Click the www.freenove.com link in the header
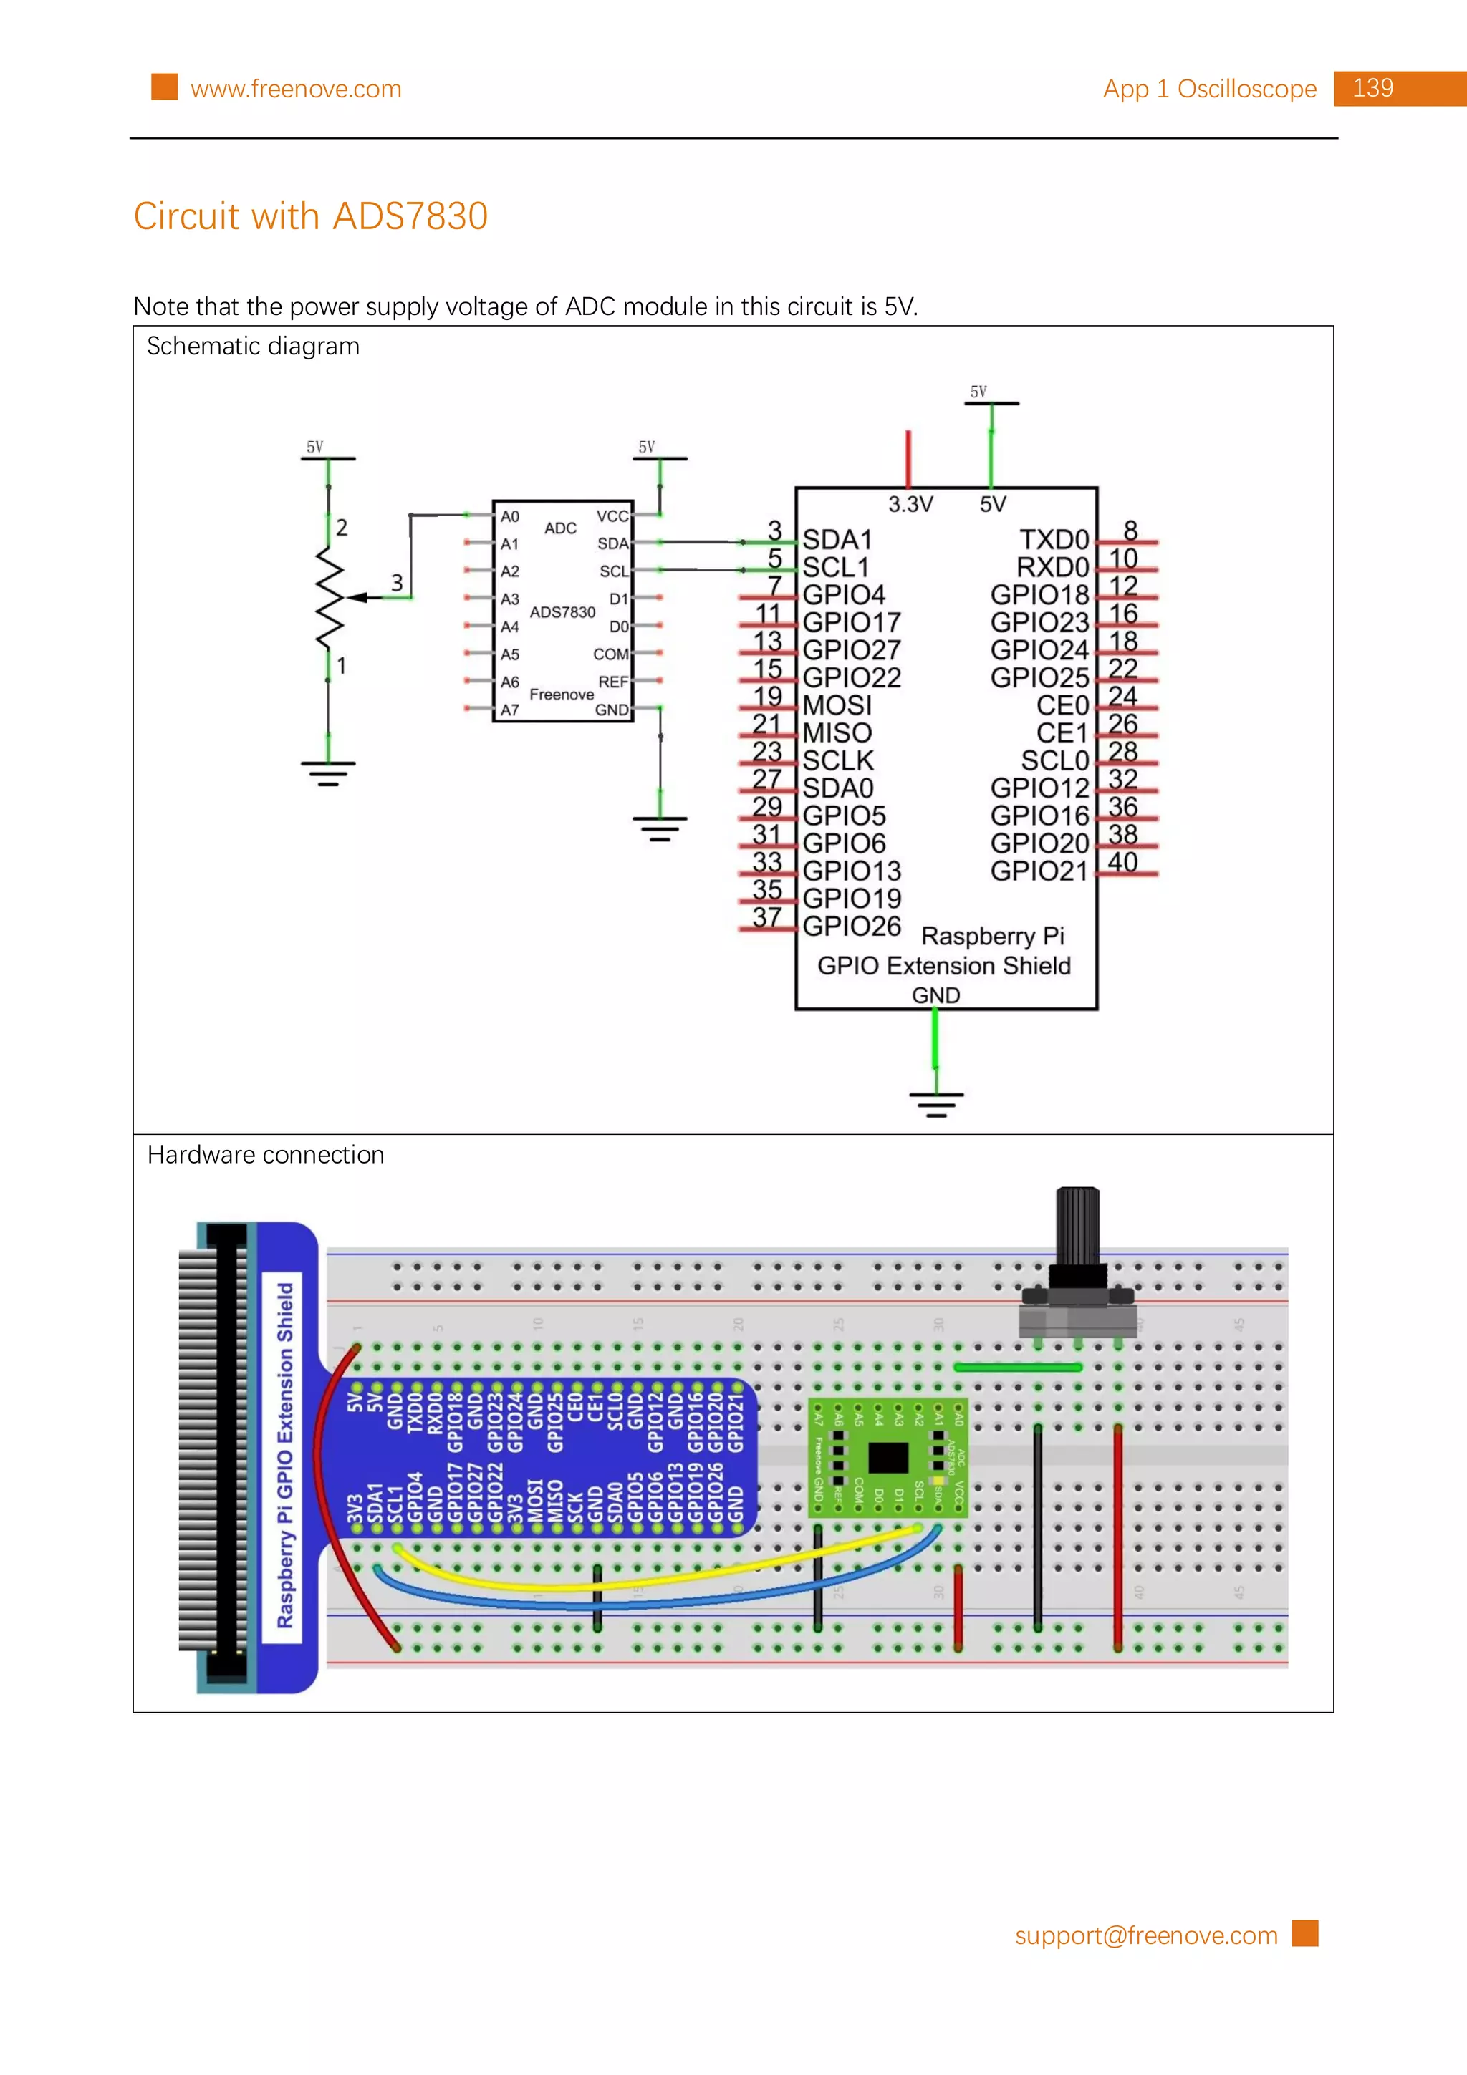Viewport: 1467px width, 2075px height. click(296, 89)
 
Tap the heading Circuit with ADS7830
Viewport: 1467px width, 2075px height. click(310, 216)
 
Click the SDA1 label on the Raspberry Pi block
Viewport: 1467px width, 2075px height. click(837, 540)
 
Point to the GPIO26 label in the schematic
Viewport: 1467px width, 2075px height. click(852, 927)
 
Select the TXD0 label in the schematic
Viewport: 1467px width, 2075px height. click(1054, 540)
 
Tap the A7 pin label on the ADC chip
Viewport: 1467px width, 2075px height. click(510, 710)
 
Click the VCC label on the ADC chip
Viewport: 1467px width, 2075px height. click(612, 516)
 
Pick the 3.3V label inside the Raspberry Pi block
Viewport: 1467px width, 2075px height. click(910, 504)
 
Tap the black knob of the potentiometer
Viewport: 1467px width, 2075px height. click(1077, 1229)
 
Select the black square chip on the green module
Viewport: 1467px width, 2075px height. click(888, 1457)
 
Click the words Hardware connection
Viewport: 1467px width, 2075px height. click(266, 1155)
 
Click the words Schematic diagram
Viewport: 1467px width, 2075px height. click(253, 346)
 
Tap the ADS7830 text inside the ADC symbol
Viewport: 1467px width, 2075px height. click(562, 612)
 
